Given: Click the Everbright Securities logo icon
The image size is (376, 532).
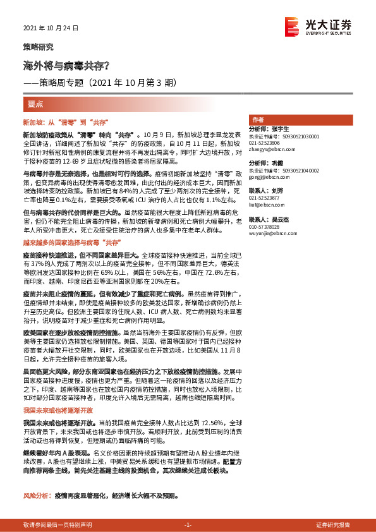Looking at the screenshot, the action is (x=292, y=26).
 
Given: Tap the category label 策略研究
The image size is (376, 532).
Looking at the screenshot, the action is (x=39, y=47).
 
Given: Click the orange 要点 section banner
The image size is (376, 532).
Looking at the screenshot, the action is (x=35, y=103).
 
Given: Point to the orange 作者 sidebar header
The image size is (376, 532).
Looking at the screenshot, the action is (x=258, y=120).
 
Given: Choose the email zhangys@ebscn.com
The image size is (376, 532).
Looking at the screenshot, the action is (x=268, y=150).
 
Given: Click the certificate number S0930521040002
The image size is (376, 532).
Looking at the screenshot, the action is (x=299, y=171).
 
